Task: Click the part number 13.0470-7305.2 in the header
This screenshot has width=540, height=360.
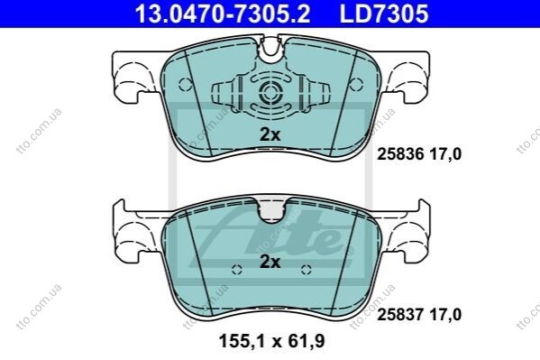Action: tap(222, 14)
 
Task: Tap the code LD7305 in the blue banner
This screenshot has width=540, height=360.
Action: tap(384, 14)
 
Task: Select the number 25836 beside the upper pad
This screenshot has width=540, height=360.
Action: tap(400, 154)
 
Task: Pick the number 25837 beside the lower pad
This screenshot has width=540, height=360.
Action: tap(400, 315)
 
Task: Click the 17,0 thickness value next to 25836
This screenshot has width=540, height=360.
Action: tap(445, 154)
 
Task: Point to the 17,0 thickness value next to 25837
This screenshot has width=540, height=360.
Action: tap(445, 315)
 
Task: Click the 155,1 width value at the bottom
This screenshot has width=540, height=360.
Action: tap(241, 341)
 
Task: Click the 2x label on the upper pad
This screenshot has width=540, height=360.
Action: tap(270, 134)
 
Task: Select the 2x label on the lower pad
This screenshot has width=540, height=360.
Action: tap(270, 262)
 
